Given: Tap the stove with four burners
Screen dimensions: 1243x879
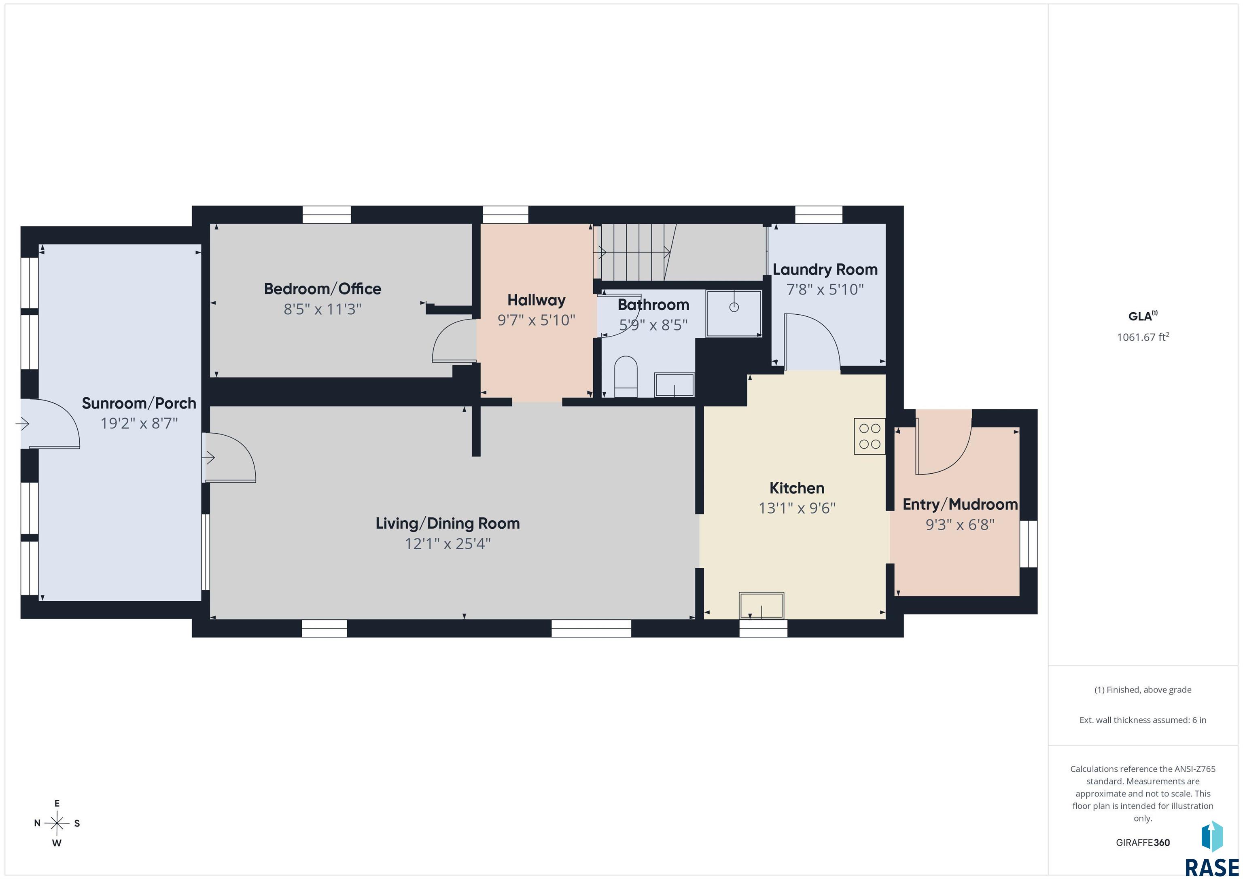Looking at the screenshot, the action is point(870,436).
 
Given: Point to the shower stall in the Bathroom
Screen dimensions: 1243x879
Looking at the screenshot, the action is point(734,313).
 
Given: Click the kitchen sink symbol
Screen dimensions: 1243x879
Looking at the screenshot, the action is point(761,606).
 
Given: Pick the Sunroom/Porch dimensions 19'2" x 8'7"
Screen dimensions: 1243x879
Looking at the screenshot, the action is point(139,423).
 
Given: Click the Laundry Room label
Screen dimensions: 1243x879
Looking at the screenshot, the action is point(825,269).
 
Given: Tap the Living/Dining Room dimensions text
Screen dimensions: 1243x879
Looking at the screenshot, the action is point(448,543).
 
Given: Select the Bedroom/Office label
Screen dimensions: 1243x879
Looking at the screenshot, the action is point(322,288).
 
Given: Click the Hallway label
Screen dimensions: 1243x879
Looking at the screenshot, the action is point(536,301).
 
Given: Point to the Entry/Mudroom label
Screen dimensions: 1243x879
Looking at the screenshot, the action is point(960,504).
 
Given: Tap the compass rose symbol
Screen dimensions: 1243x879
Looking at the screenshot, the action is point(57,823).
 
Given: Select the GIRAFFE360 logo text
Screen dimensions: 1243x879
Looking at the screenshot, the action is point(1143,843).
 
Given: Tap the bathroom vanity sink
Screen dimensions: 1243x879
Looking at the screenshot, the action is point(674,385).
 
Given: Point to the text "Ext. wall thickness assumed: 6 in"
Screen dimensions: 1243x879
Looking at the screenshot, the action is point(1143,720).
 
